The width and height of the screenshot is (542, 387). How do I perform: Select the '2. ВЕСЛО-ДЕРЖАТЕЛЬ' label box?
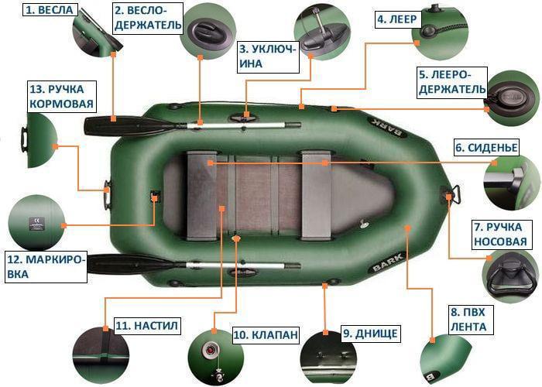click(x=148, y=19)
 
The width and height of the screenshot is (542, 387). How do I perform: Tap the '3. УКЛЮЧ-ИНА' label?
click(x=267, y=56)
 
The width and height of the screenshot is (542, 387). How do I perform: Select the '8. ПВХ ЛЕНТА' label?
click(x=468, y=320)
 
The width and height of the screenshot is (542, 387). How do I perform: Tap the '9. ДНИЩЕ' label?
click(x=370, y=334)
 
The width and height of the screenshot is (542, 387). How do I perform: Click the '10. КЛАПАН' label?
click(x=265, y=334)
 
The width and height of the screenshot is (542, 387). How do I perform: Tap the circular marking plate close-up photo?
click(x=35, y=223)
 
